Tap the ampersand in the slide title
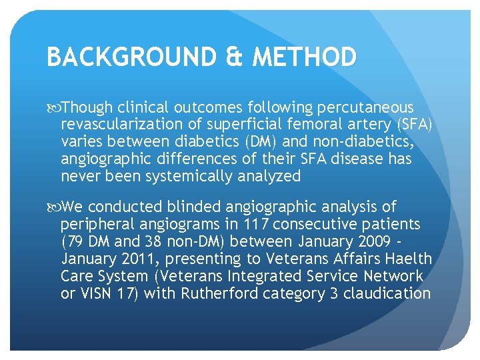coord(233,57)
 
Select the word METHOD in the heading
coord(305,57)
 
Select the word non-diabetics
coord(380,142)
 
